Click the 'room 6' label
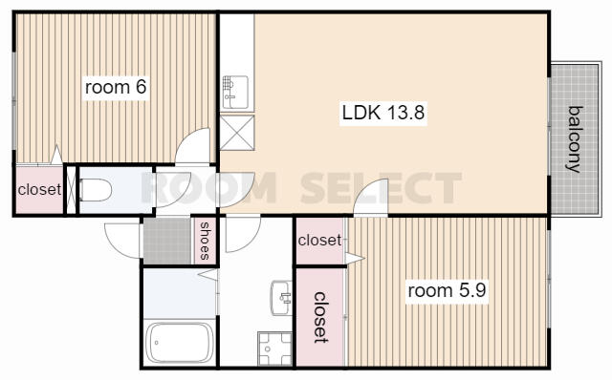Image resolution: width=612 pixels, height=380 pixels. (116, 88)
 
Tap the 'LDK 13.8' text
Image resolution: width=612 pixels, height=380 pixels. (382, 114)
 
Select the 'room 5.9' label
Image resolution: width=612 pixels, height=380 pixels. (448, 289)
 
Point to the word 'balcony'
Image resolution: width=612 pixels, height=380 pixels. (574, 138)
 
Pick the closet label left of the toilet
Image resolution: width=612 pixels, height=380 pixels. (39, 189)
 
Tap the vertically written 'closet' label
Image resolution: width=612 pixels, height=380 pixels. (320, 317)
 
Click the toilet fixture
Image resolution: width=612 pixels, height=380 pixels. (95, 190)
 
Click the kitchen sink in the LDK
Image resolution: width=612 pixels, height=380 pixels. (233, 92)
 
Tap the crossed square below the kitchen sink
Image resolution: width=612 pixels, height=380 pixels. (236, 131)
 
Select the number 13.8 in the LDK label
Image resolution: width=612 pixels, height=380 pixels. (405, 114)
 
